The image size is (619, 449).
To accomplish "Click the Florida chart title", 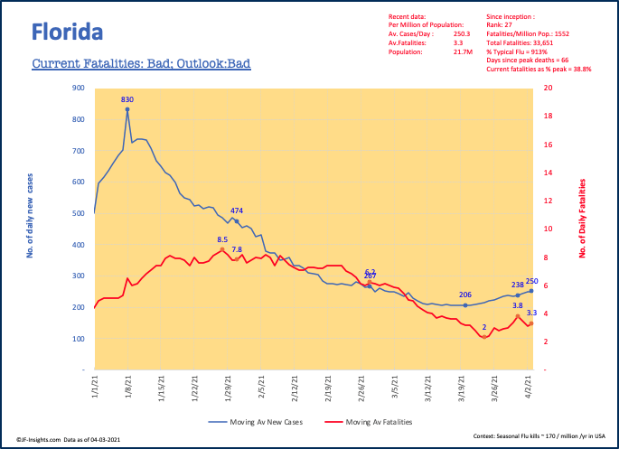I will point(67,33).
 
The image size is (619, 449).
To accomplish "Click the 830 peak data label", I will point(127,99).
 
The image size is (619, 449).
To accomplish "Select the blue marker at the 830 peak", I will point(127,109).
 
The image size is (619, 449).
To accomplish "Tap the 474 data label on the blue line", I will point(237,211).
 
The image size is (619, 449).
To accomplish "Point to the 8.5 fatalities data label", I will point(222,239).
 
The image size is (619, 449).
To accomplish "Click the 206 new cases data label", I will point(465,295).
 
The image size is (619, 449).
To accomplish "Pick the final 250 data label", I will point(531,281).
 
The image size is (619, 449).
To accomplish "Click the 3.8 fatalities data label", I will point(517,306).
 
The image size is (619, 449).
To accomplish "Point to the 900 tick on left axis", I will point(79,89).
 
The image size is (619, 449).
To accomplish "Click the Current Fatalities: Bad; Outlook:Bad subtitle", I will point(140,64).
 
